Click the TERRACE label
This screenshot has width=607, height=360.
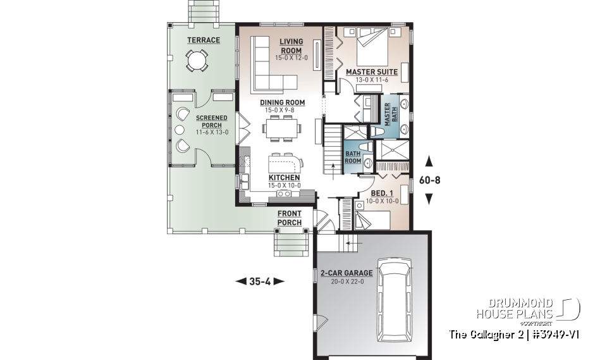click(203, 40)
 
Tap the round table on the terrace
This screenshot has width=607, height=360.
click(197, 61)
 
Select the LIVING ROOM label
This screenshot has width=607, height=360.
click(291, 46)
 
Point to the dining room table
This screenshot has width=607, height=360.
click(283, 130)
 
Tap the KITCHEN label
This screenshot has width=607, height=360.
click(284, 178)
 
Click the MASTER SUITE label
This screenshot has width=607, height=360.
click(371, 72)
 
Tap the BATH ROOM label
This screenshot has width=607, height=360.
click(353, 157)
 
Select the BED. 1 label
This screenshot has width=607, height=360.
click(379, 194)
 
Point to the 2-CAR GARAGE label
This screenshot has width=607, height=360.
click(346, 273)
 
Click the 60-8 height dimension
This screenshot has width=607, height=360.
click(429, 180)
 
